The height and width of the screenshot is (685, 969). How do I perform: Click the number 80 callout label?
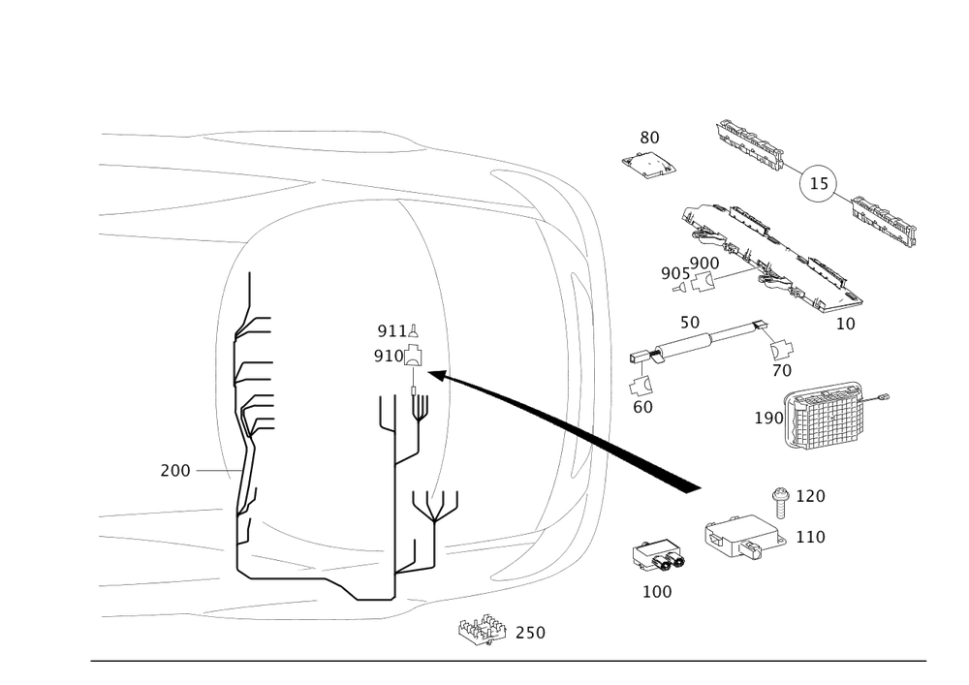click(650, 138)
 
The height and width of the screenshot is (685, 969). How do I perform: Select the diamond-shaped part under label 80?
click(649, 167)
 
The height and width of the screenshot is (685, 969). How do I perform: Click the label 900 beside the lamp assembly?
click(703, 263)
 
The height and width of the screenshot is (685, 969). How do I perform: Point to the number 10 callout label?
click(846, 325)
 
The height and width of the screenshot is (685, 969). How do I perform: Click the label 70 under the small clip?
click(784, 370)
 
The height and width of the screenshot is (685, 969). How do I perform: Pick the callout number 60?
click(641, 408)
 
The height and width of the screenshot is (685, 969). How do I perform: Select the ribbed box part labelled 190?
click(827, 417)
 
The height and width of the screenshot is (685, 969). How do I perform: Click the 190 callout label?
click(767, 419)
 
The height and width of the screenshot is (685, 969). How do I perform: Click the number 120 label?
click(810, 496)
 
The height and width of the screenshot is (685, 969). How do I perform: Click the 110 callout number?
click(810, 538)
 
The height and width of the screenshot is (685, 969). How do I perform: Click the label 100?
click(658, 591)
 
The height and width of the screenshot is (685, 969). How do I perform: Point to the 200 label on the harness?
click(176, 472)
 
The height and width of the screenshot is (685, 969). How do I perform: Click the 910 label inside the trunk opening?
click(387, 356)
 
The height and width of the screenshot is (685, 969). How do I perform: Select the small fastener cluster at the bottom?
click(483, 632)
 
